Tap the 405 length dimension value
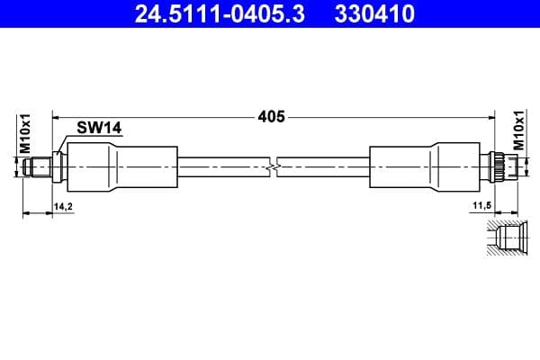coord(271,116)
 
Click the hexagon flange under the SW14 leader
coord(59,166)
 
